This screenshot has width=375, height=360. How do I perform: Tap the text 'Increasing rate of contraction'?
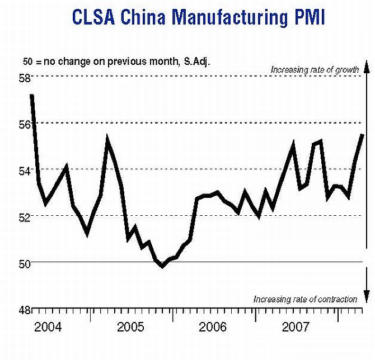[x=305, y=299]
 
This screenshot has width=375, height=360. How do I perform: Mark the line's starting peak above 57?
[x=32, y=96]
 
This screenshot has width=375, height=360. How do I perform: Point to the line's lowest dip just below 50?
[x=162, y=266]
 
